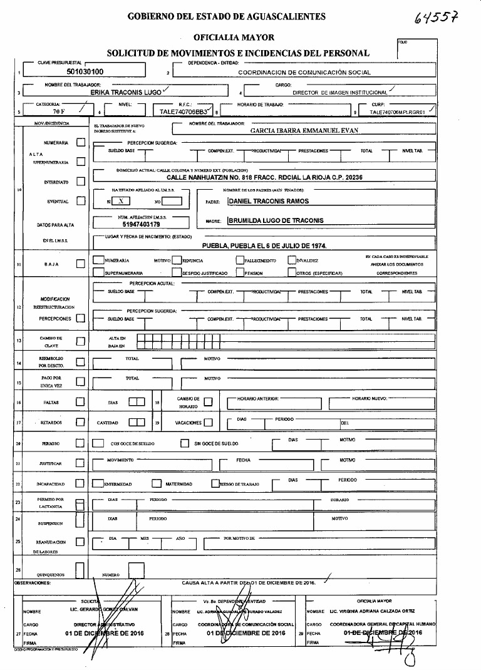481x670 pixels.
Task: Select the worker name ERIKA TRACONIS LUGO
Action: [x=125, y=91]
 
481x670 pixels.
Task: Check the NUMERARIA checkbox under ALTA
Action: [x=80, y=143]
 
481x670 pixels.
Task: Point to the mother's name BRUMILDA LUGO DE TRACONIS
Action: [x=276, y=220]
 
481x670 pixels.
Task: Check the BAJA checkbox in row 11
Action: [x=80, y=264]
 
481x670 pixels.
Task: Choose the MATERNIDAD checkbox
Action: [x=157, y=483]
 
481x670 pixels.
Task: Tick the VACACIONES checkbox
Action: [x=208, y=423]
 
